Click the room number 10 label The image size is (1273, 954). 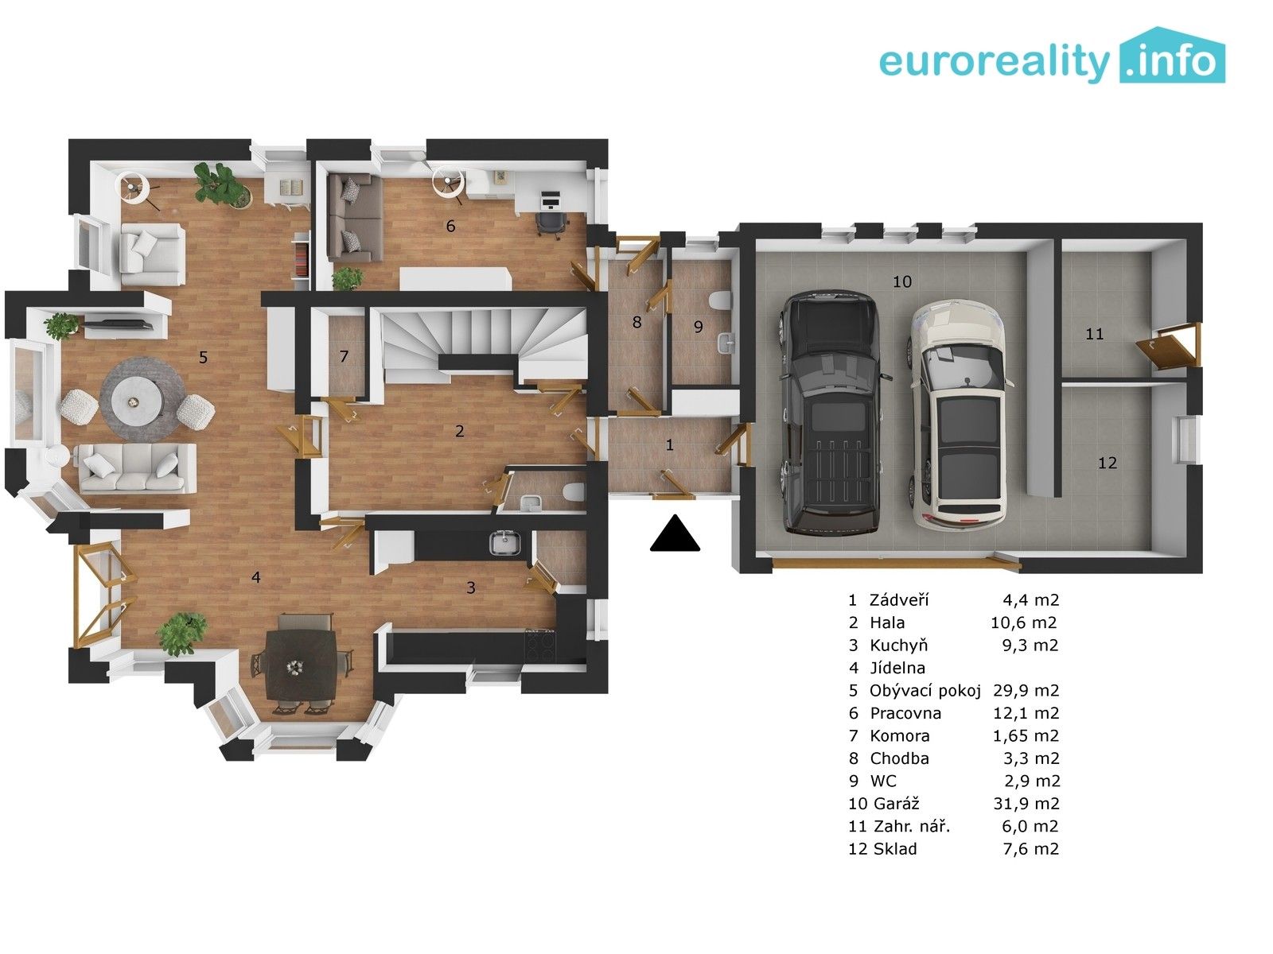click(x=901, y=281)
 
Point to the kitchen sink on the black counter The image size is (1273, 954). click(x=504, y=544)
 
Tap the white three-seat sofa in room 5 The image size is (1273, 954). click(x=135, y=467)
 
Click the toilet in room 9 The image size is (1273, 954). click(x=720, y=301)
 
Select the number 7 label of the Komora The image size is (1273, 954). click(x=344, y=356)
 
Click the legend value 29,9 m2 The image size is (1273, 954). click(x=1026, y=690)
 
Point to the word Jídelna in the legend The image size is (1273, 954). click(x=897, y=668)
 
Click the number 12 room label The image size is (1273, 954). click(x=1107, y=463)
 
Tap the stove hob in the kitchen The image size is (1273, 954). click(x=540, y=644)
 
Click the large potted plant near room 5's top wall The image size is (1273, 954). click(x=219, y=184)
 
